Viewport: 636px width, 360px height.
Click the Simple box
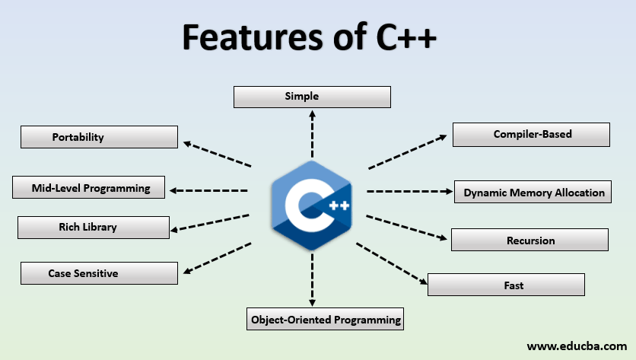(312, 97)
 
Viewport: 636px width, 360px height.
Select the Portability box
(99, 137)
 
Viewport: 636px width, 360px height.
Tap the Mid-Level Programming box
(89, 187)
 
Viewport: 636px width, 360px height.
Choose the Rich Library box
(93, 227)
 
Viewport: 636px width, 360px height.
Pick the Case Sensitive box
(99, 272)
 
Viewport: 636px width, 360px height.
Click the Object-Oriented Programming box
(326, 319)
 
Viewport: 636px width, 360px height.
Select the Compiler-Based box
(531, 135)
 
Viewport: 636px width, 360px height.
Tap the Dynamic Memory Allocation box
(534, 193)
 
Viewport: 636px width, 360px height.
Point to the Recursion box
(529, 240)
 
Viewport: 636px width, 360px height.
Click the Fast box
(506, 285)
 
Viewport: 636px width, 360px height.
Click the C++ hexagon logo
(311, 206)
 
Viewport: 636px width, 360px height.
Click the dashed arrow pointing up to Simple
(312, 132)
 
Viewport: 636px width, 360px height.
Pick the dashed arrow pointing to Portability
(218, 154)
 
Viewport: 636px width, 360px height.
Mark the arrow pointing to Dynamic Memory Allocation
(409, 192)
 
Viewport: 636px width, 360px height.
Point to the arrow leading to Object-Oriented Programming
(312, 280)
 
